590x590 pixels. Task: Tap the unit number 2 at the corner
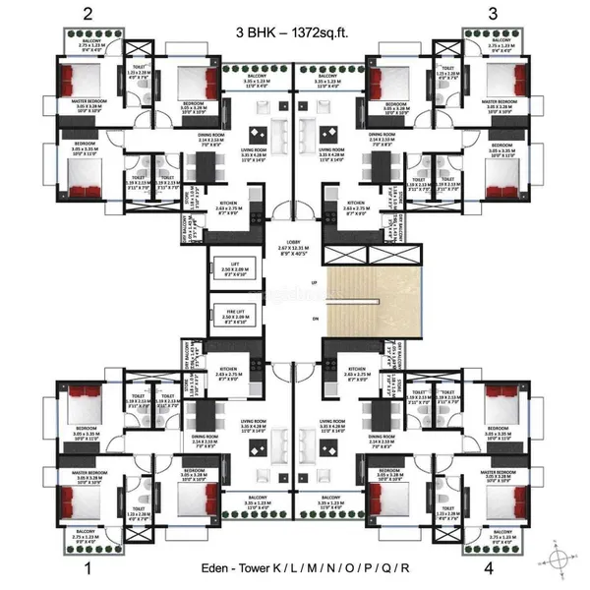pyautogui.click(x=88, y=15)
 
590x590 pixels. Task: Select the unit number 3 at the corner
pyautogui.click(x=497, y=15)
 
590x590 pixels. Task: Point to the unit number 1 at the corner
pyautogui.click(x=88, y=567)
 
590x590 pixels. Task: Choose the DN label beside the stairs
pyautogui.click(x=314, y=320)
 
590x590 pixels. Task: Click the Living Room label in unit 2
pyautogui.click(x=254, y=152)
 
